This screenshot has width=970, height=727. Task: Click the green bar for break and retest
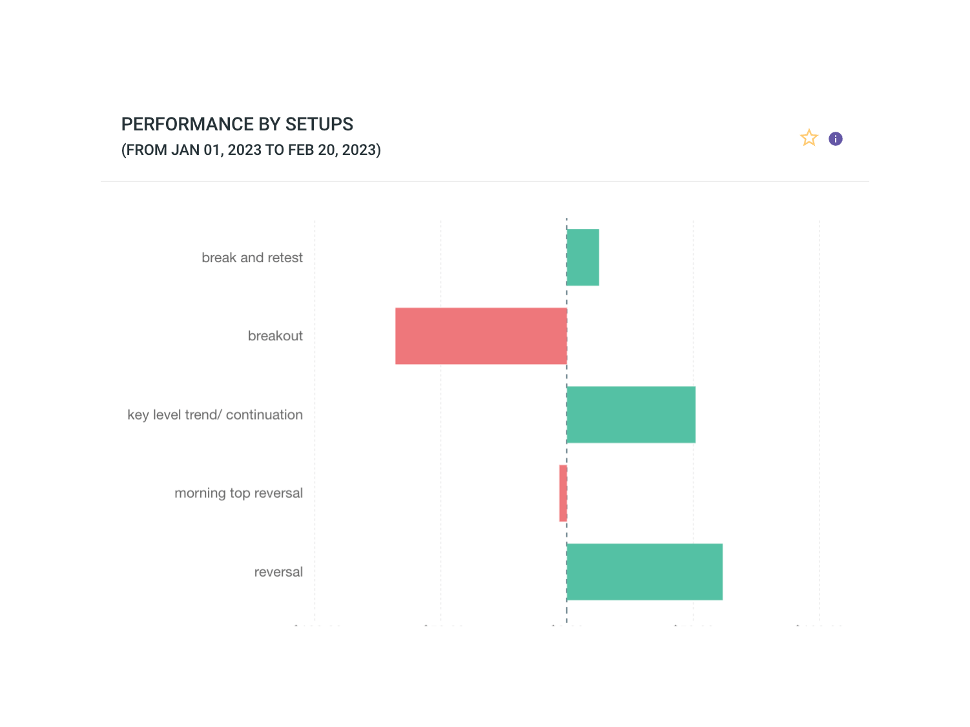pyautogui.click(x=583, y=258)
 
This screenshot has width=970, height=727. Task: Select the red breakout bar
pyautogui.click(x=481, y=336)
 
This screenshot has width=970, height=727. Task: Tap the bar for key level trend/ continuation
pyautogui.click(x=631, y=415)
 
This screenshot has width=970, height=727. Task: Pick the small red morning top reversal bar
pyautogui.click(x=563, y=493)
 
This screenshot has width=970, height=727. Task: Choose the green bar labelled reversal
pyautogui.click(x=645, y=572)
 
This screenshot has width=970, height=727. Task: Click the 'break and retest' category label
pyautogui.click(x=252, y=258)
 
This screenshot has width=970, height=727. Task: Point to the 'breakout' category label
pyautogui.click(x=275, y=336)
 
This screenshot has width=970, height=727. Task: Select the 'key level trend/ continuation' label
pyautogui.click(x=215, y=415)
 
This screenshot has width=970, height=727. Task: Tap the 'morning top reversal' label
pyautogui.click(x=238, y=493)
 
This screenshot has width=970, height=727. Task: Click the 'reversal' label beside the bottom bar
pyautogui.click(x=278, y=572)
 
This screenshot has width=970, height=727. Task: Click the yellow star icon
pyautogui.click(x=809, y=138)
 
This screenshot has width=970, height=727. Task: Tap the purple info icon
pyautogui.click(x=836, y=139)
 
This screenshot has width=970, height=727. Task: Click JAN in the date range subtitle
pyautogui.click(x=185, y=150)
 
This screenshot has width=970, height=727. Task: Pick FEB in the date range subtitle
pyautogui.click(x=301, y=150)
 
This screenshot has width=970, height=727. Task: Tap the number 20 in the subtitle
pyautogui.click(x=326, y=150)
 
